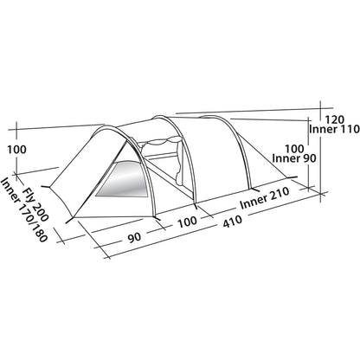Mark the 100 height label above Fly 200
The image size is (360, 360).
(x=16, y=150)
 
